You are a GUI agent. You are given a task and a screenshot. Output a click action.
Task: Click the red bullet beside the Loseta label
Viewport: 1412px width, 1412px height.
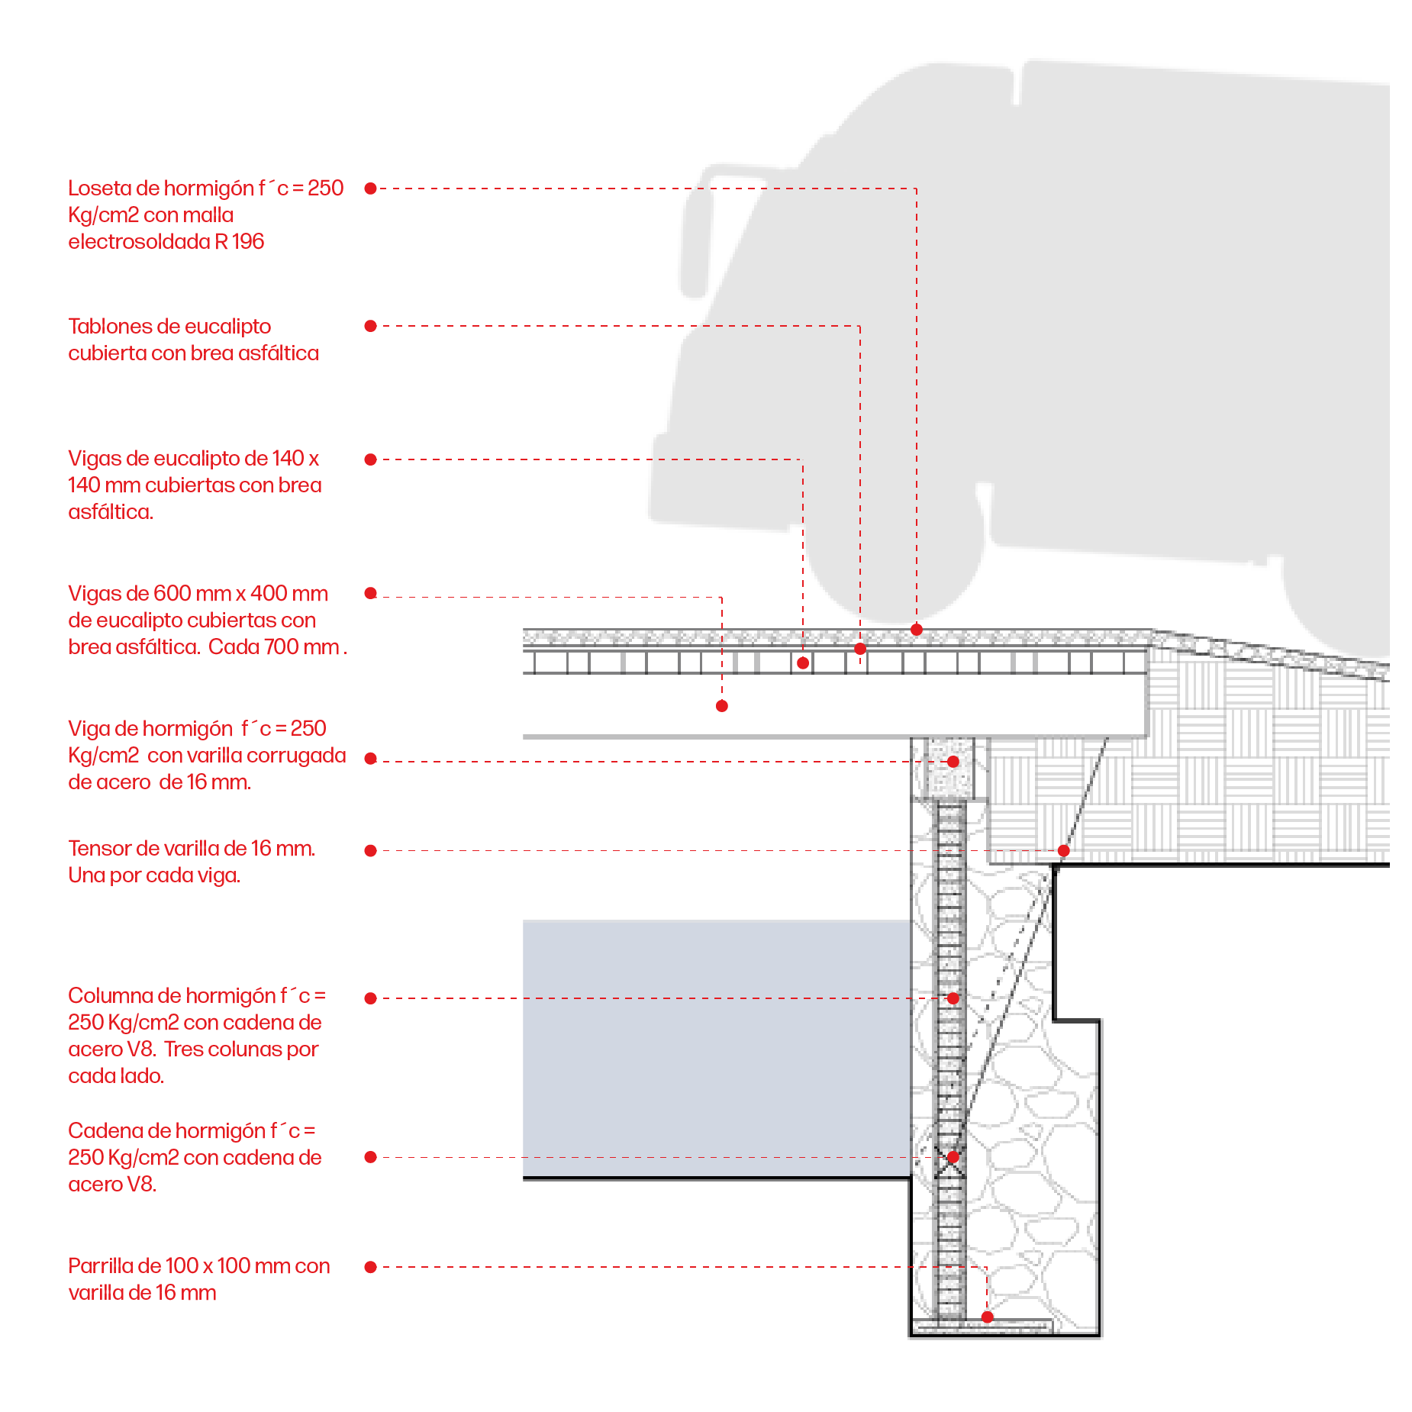tap(370, 189)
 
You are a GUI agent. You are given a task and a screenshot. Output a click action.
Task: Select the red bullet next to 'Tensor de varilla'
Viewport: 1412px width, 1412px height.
tap(370, 850)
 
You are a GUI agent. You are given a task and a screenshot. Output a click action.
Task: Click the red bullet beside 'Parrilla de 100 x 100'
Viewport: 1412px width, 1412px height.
tap(370, 1267)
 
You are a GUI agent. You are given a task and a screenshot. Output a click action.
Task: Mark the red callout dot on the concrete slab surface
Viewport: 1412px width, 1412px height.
tap(917, 630)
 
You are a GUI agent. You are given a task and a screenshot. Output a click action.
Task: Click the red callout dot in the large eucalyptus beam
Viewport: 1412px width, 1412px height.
tap(722, 706)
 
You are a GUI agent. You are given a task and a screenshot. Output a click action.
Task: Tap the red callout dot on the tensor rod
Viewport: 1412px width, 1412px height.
tap(1063, 850)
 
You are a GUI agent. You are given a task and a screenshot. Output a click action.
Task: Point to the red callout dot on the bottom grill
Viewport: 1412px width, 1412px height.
tap(987, 1317)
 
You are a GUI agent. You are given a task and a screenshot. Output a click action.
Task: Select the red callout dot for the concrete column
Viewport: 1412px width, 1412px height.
tap(953, 998)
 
